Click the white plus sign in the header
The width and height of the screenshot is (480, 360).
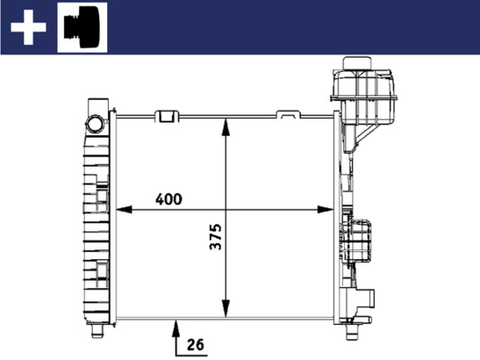[x=28, y=29]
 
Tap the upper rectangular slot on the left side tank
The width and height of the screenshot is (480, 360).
[x=102, y=196]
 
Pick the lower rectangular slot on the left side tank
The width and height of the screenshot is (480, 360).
[x=102, y=268]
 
